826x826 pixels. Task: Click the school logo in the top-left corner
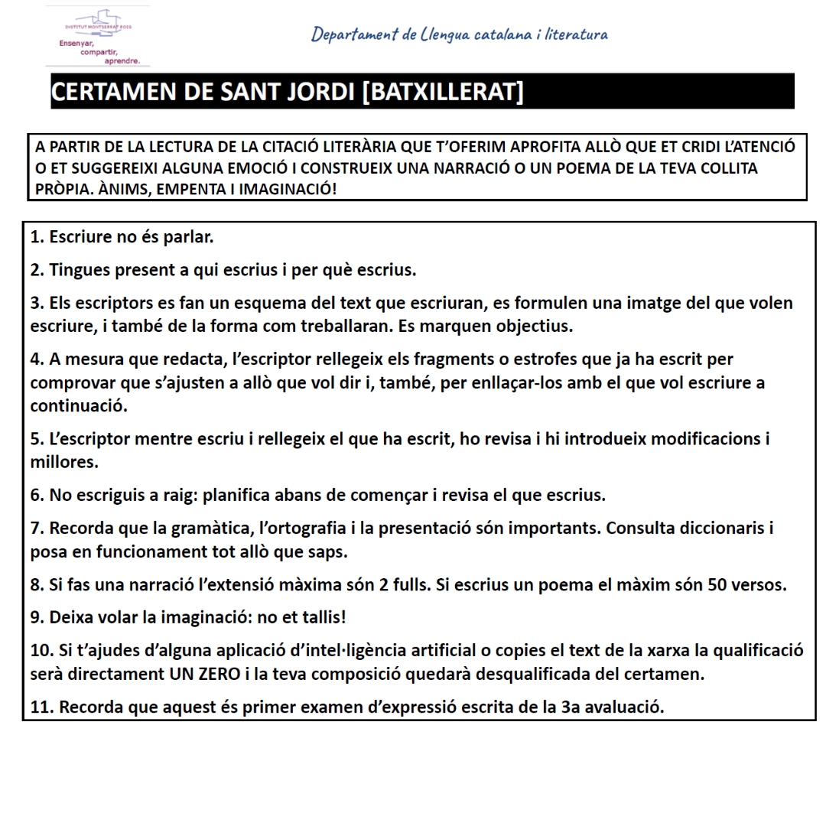98,37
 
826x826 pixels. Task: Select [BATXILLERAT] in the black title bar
443,93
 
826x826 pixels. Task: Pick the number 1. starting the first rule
37,237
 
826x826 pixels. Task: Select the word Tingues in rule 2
80,270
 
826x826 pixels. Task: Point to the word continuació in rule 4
78,406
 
